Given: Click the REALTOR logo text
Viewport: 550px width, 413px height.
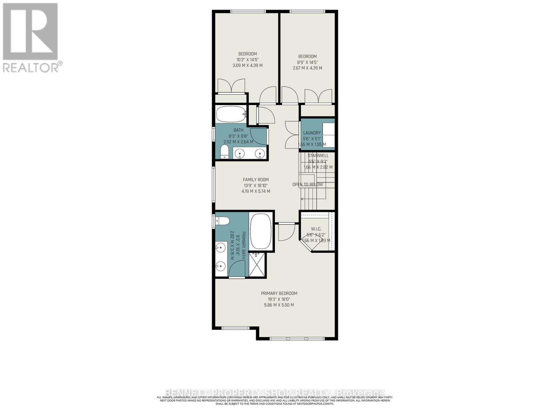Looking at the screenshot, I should tap(33, 67).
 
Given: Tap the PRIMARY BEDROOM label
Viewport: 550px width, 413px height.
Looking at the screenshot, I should tap(279, 293).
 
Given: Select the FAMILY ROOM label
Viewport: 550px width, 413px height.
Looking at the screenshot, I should tap(256, 179).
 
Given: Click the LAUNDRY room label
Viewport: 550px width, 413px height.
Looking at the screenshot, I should tap(312, 133).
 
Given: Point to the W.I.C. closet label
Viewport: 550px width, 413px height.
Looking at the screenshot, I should tap(316, 229).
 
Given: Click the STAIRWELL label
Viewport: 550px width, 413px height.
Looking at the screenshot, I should tap(318, 156).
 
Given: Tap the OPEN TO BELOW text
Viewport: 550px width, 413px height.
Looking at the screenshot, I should tap(308, 184).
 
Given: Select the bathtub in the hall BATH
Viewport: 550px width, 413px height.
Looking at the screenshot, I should tap(230, 114).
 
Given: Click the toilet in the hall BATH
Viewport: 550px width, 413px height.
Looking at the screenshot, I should tap(224, 151).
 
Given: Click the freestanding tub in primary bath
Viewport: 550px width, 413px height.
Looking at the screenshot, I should tap(261, 232).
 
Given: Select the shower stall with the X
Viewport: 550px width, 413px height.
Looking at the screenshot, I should tap(257, 264).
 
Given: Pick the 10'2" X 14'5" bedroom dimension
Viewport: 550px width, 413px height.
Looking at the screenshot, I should tap(247, 60).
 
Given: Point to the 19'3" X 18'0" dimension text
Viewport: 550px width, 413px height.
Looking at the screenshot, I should tap(279, 299).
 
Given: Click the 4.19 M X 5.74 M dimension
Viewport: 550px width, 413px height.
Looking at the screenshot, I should tap(256, 191).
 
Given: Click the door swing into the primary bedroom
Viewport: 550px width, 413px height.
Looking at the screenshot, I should tap(286, 232).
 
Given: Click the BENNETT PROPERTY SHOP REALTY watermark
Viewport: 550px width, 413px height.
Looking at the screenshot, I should tap(275, 393).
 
